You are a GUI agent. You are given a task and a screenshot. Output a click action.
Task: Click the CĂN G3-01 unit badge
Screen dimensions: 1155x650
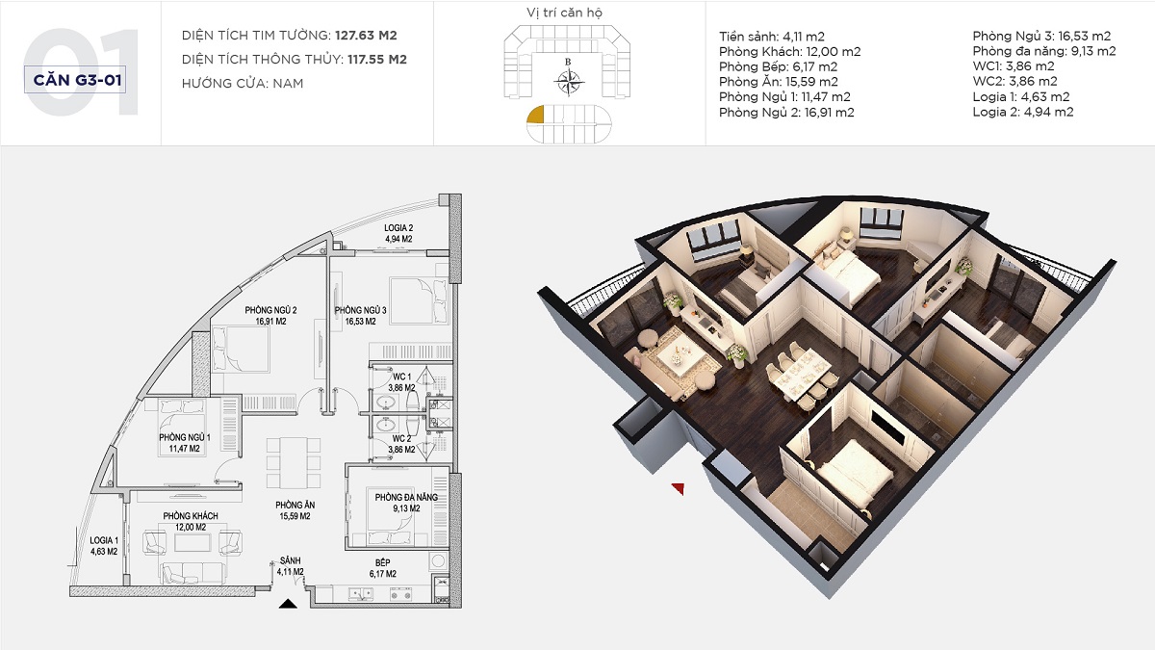pos(75,80)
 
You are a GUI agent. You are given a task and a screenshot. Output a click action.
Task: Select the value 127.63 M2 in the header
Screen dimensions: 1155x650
pos(366,35)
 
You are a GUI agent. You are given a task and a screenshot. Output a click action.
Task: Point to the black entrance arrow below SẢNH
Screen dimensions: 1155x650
pos(288,604)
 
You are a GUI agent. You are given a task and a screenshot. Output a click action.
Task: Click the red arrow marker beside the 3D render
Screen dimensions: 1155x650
pos(678,488)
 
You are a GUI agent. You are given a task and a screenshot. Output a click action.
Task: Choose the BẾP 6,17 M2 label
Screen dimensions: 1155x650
pos(383,568)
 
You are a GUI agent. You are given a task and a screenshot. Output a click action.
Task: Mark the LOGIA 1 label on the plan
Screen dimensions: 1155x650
pos(104,546)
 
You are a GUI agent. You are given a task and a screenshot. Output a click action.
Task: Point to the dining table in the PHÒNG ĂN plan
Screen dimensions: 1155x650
pos(294,463)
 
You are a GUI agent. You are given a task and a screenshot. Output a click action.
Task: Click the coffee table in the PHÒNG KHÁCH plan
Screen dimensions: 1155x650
pos(192,543)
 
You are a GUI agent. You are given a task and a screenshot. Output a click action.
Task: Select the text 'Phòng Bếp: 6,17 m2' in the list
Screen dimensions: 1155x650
pos(778,66)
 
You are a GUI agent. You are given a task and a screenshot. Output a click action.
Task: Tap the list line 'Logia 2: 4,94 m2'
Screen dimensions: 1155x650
pos(1023,112)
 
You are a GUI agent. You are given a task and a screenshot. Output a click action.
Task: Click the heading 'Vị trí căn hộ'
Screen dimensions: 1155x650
pos(564,13)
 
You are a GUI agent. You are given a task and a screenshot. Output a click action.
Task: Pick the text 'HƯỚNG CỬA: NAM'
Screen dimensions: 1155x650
pos(243,83)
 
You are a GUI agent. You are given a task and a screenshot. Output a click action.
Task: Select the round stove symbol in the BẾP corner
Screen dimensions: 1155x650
pos(438,560)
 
